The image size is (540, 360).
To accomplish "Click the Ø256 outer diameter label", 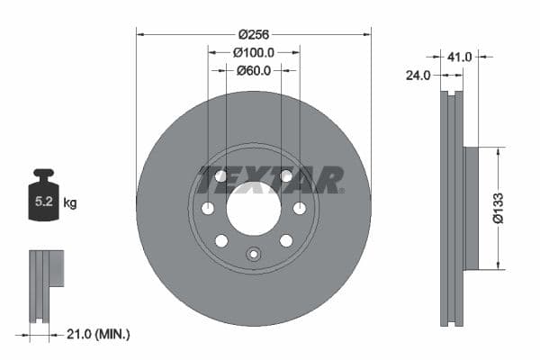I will (x=254, y=34).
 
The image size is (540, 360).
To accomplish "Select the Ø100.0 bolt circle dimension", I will (x=254, y=53).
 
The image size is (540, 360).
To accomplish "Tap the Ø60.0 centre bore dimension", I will (x=254, y=70).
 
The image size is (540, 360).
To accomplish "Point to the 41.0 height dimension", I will (x=460, y=57).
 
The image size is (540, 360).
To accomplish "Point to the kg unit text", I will (x=70, y=203).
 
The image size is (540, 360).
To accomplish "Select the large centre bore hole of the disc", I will (x=254, y=209).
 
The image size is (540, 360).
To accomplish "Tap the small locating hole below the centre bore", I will (x=254, y=255).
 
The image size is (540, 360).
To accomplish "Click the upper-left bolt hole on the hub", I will (x=221, y=176).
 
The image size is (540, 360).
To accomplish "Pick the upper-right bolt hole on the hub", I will (x=286, y=176).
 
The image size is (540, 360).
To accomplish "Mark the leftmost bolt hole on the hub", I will (x=208, y=209).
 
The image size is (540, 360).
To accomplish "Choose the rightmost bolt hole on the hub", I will (x=300, y=209).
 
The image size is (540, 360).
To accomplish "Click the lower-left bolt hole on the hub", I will (x=221, y=240).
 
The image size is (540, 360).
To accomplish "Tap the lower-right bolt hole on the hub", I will (x=286, y=240).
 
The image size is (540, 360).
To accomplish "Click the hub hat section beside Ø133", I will (x=471, y=208).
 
